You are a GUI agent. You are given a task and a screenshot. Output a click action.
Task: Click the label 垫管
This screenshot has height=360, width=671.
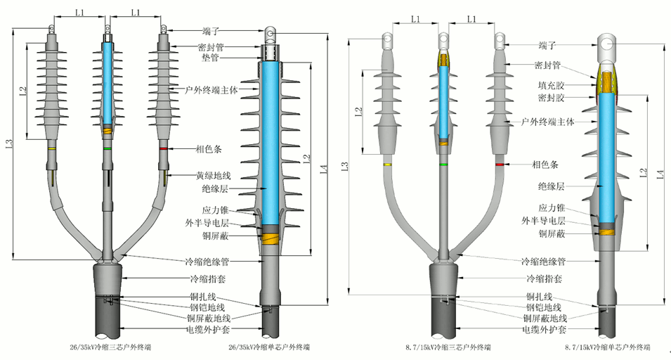[x=210, y=58]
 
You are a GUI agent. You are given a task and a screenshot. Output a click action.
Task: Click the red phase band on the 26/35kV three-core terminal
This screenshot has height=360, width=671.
[x=164, y=149]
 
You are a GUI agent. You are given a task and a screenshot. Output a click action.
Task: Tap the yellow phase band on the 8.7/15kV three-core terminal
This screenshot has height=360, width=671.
[x=388, y=165]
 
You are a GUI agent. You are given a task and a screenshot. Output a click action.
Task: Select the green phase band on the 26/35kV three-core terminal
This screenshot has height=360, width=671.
[x=107, y=149]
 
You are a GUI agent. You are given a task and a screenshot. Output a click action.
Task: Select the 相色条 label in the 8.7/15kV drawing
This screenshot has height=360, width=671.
[x=545, y=165]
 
